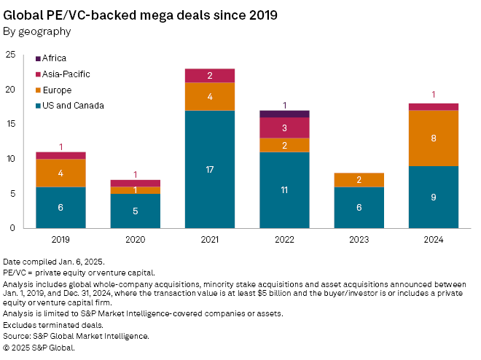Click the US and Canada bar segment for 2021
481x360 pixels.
209,169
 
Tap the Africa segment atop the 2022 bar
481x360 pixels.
283,114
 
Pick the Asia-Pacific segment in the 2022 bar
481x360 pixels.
283,128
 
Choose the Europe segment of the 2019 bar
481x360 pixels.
60,173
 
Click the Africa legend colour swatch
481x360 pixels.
38,58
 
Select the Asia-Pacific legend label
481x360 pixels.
66,74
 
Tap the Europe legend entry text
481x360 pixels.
58,90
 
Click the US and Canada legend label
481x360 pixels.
74,106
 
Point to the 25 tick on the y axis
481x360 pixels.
11,55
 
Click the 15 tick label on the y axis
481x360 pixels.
11,124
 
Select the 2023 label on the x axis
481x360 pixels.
358,239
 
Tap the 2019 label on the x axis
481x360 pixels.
60,239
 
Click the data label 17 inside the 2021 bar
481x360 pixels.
209,171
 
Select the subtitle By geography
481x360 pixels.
37,31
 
